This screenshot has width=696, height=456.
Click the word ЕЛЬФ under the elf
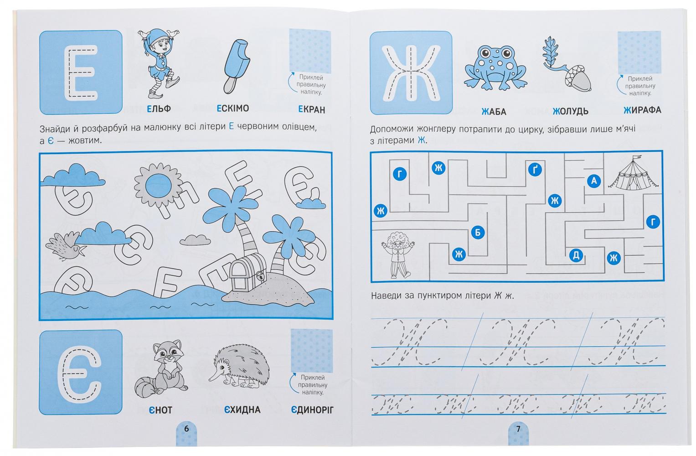pos(159,109)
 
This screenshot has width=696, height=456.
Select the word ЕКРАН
pos(312,109)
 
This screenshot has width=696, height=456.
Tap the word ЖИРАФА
pos(642,110)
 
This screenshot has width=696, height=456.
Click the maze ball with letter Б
pos(478,232)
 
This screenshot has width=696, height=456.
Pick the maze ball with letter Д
pos(576,255)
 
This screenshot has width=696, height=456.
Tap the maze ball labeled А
pos(594,181)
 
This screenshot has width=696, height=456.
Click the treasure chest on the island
pos(247,272)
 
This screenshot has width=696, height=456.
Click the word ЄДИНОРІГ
pos(312,410)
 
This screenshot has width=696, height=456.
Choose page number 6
pos(186,429)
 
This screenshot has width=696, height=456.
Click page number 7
pos(518,429)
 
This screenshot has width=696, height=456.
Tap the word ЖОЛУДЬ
pos(571,111)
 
